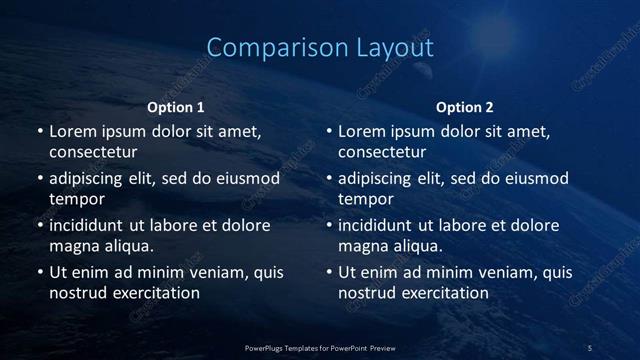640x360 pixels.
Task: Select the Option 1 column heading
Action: (x=176, y=107)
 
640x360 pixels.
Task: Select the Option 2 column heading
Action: (x=465, y=107)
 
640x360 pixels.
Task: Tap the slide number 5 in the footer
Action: (x=590, y=347)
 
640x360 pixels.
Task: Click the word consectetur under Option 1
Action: (x=93, y=152)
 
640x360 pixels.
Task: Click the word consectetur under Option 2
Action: (x=382, y=152)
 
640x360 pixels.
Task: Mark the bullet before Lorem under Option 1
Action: (x=39, y=132)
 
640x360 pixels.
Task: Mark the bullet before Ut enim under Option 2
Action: (x=328, y=272)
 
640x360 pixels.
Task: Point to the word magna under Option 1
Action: (x=73, y=245)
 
